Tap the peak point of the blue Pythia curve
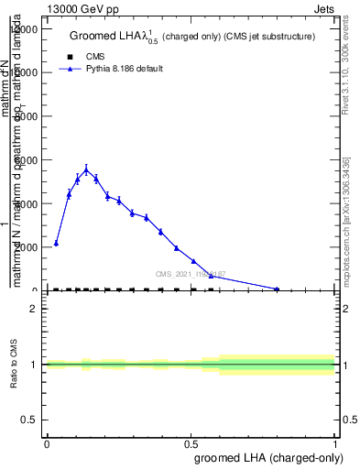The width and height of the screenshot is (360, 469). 86,169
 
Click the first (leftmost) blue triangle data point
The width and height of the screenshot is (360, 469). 56,244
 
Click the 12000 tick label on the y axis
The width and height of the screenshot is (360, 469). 25,29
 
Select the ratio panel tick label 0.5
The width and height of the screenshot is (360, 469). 32,420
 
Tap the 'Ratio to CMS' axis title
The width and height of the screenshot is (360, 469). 14,365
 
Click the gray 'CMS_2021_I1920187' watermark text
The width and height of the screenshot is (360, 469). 191,274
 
